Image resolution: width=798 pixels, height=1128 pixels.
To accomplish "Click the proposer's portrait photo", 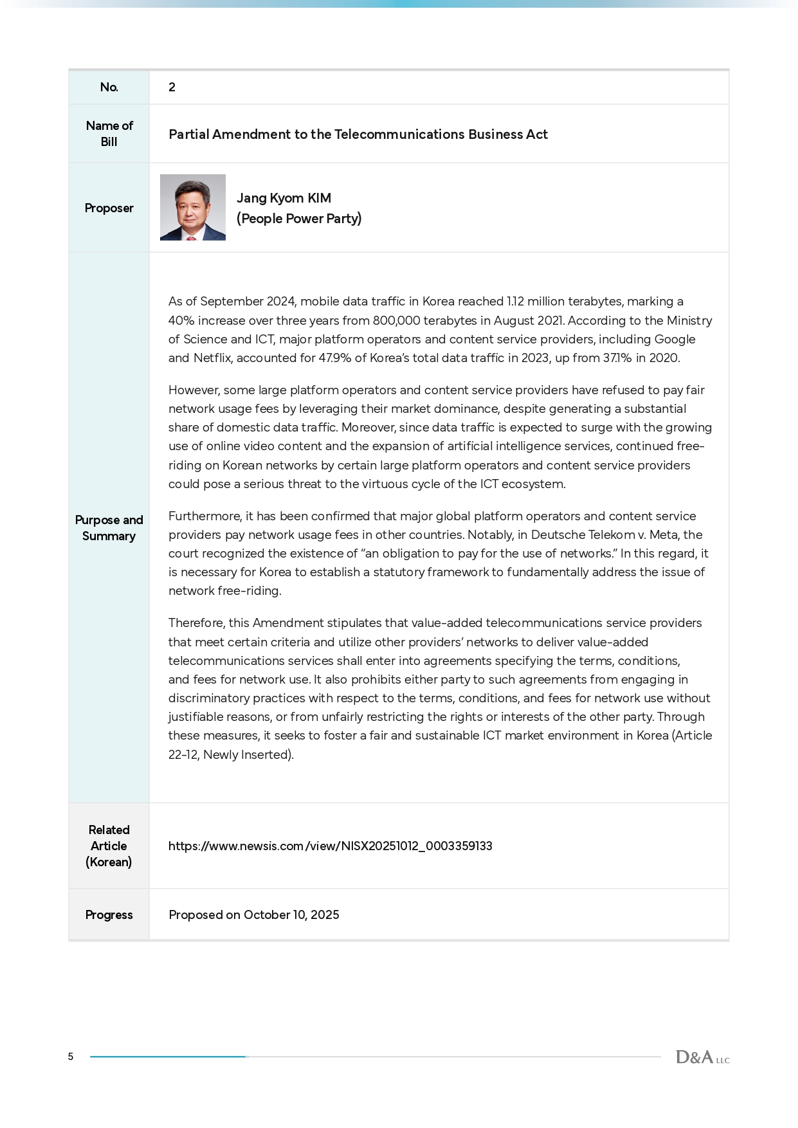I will pos(192,207).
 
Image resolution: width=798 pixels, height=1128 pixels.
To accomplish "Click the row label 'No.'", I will pos(109,87).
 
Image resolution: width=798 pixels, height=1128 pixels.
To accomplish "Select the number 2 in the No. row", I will pos(172,87).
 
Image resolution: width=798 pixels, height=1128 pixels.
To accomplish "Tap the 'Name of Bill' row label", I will pos(109,134).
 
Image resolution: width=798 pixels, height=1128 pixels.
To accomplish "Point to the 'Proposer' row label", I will pos(109,208).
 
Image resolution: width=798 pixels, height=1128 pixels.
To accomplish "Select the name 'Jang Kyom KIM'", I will pos(284,198).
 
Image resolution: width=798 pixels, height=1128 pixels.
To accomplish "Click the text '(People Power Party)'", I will pos(299,219).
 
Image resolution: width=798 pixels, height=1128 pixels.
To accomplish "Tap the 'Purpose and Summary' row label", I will pos(109,528).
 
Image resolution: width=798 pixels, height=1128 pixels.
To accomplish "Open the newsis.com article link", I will pos(330,846).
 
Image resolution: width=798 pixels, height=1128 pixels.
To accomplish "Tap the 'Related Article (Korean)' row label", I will pos(109,846).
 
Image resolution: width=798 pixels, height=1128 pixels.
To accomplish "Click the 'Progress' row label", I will pos(109,914).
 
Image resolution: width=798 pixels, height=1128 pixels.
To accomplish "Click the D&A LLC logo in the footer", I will pos(702,1057).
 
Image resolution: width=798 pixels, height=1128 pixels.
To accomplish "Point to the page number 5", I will pos(71,1057).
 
